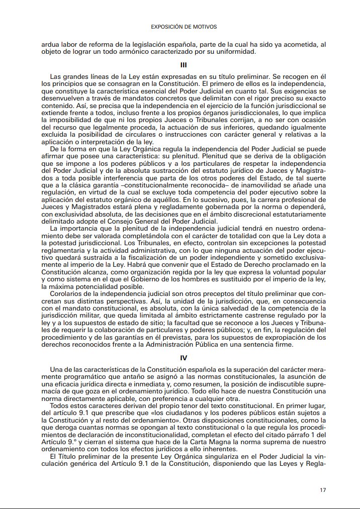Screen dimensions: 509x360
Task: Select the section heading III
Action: (x=184, y=65)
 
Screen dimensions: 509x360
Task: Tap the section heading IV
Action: (x=184, y=358)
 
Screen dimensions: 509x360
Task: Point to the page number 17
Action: (x=323, y=489)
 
